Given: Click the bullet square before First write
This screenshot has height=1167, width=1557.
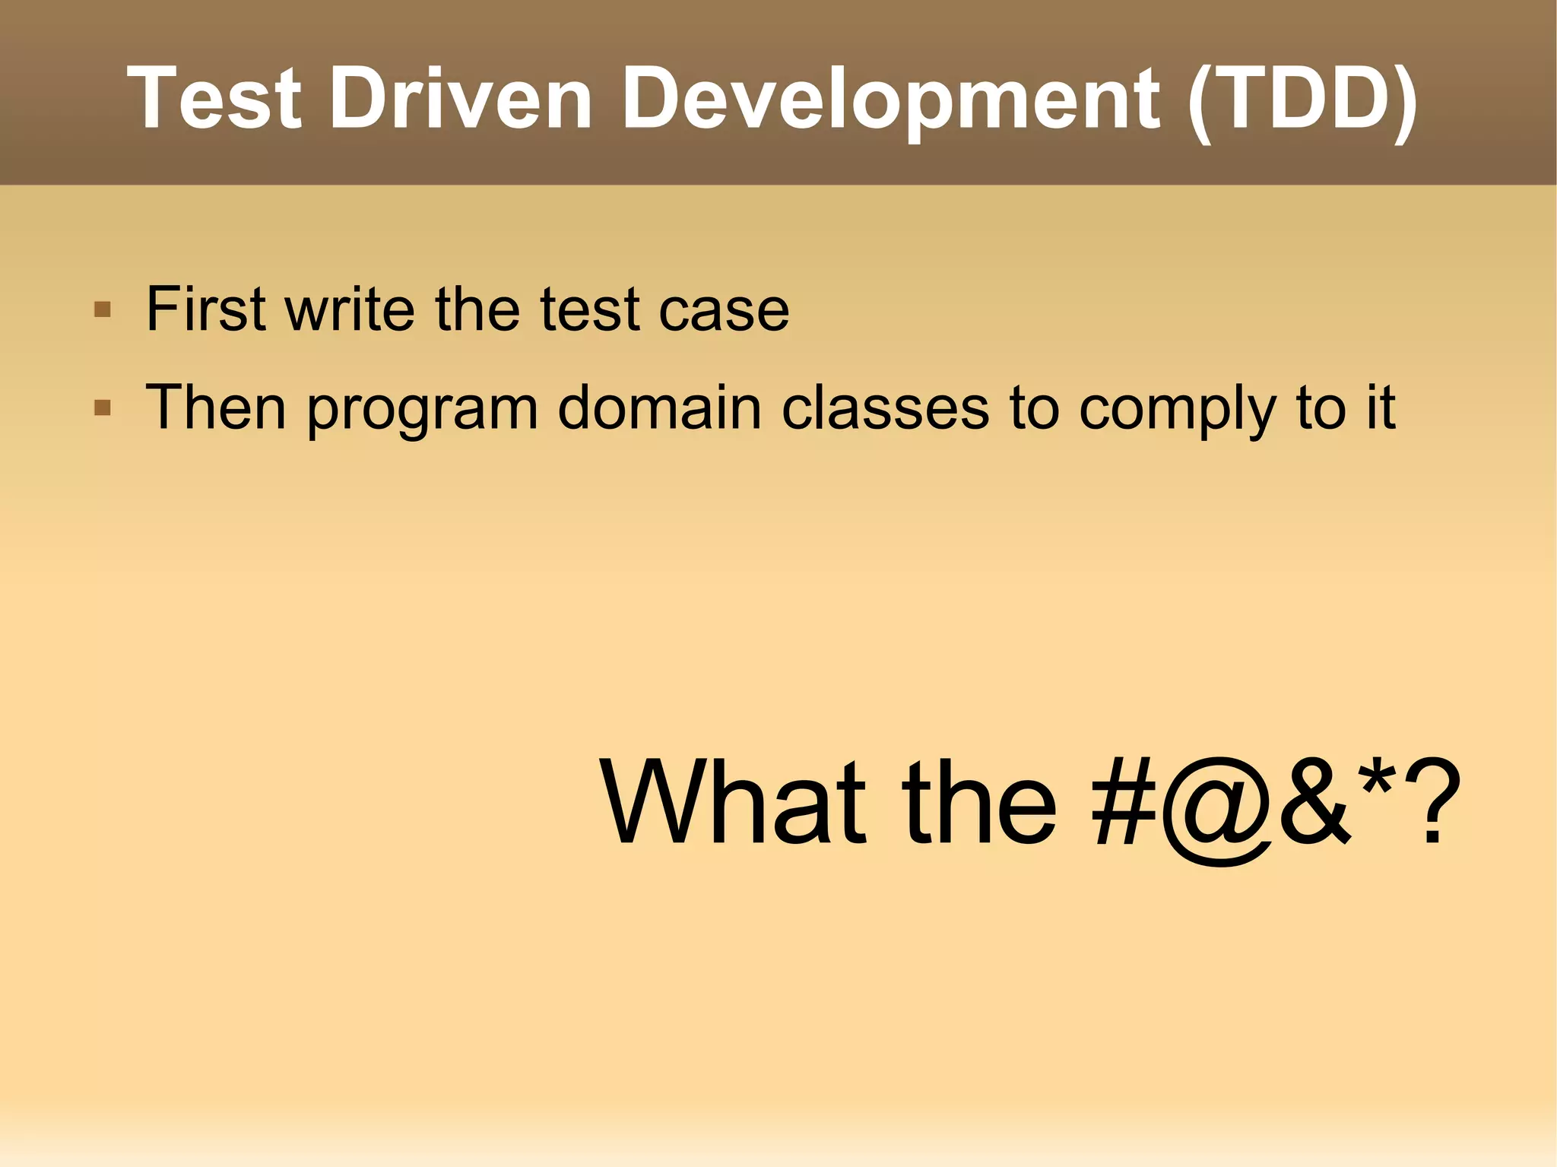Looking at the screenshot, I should [102, 309].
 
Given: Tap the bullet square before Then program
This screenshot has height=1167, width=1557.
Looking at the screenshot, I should [102, 408].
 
